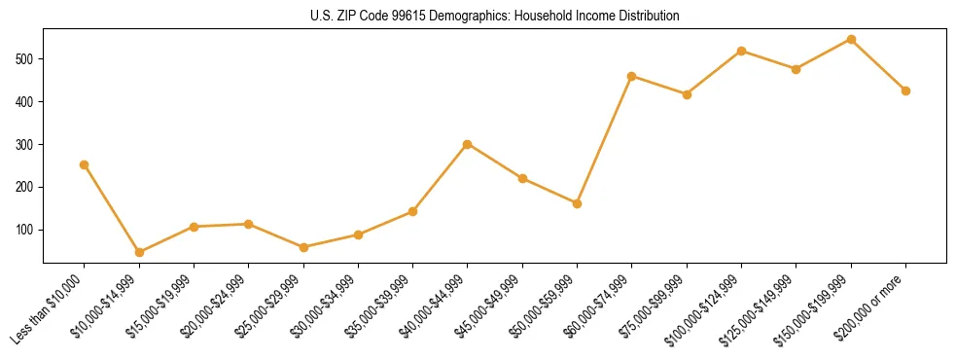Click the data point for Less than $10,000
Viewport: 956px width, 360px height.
click(85, 164)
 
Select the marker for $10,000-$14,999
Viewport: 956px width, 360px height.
click(139, 252)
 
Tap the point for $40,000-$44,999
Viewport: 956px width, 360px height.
click(468, 144)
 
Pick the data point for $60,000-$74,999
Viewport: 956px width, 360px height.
click(632, 76)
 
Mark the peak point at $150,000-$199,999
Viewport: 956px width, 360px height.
click(851, 40)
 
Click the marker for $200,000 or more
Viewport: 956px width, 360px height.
click(905, 90)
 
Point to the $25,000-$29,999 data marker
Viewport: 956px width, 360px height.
click(303, 247)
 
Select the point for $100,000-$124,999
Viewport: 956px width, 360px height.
click(742, 51)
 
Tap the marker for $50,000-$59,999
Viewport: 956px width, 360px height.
click(578, 203)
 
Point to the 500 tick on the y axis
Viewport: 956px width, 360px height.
click(29, 58)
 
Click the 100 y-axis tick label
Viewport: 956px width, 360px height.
click(29, 230)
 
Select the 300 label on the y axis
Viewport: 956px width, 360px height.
click(29, 144)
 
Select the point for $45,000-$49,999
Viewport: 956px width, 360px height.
click(522, 179)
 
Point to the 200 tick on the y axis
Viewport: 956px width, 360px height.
click(29, 187)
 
